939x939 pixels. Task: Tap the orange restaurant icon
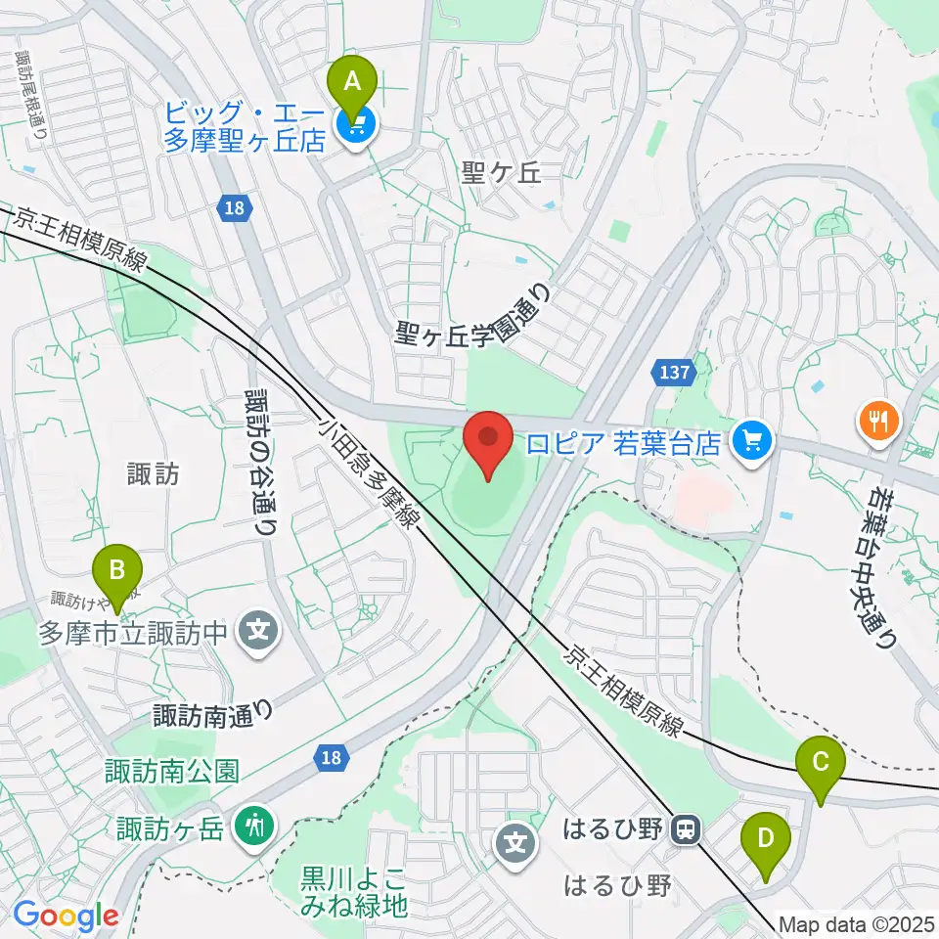click(x=878, y=422)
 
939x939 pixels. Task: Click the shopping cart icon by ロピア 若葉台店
click(x=752, y=442)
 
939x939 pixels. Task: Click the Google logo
click(x=66, y=917)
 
